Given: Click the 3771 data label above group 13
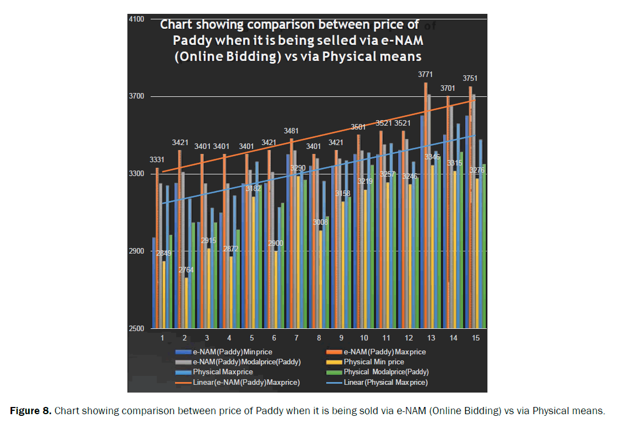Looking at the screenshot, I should coord(425,75).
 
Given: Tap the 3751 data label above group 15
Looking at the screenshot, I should coord(470,79).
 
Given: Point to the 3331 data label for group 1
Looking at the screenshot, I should coord(158,160).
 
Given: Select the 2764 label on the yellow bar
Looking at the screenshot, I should coord(186,270).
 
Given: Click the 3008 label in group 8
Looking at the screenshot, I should coord(321,222).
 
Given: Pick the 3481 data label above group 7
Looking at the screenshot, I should coord(291,131).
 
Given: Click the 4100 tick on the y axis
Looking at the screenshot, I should coord(136,19).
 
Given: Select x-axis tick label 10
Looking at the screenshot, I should coord(364,338).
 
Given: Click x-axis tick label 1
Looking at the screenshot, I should coord(162,338).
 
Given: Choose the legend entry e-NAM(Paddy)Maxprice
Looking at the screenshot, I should coord(384,352).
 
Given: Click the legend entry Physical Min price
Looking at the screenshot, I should coord(374,362).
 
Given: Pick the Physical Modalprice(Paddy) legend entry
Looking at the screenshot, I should coord(386,372).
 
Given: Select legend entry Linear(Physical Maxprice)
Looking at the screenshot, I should coord(386,382).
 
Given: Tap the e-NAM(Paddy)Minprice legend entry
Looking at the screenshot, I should coord(232,352).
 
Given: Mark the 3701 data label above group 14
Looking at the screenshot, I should coord(448,89).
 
